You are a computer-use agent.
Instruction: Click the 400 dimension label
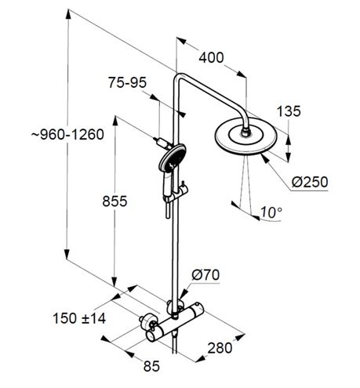click(x=211, y=57)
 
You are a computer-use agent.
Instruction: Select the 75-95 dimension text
click(x=127, y=83)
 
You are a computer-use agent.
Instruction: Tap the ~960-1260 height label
click(x=67, y=135)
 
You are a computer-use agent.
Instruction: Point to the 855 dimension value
click(x=115, y=201)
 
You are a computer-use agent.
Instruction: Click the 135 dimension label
click(x=289, y=111)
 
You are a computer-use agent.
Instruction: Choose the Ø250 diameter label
click(x=310, y=182)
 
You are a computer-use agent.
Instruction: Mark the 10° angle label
click(x=271, y=212)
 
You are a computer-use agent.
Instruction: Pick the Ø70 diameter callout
click(x=205, y=275)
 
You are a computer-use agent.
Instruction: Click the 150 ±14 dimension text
click(x=79, y=318)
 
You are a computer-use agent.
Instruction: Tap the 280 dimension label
click(x=220, y=348)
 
